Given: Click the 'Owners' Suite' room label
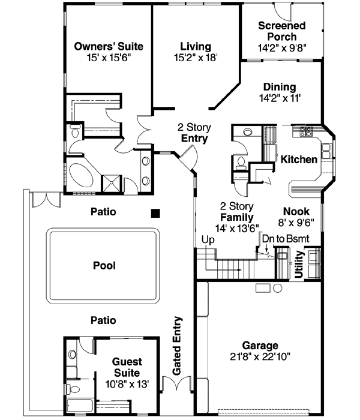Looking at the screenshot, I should coord(104,46).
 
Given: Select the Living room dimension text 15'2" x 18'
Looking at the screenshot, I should coord(196,58).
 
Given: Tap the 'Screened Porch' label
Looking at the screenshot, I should coord(281,31).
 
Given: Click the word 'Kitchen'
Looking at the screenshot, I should coord(299,160).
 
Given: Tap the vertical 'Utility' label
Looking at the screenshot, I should coord(299,265).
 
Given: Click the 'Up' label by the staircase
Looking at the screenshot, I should coord(208,239).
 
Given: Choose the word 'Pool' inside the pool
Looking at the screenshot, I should coord(104,265).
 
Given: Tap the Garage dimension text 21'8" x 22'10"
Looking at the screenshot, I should coord(260,356).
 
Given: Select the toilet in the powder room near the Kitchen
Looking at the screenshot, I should coord(240,162).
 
